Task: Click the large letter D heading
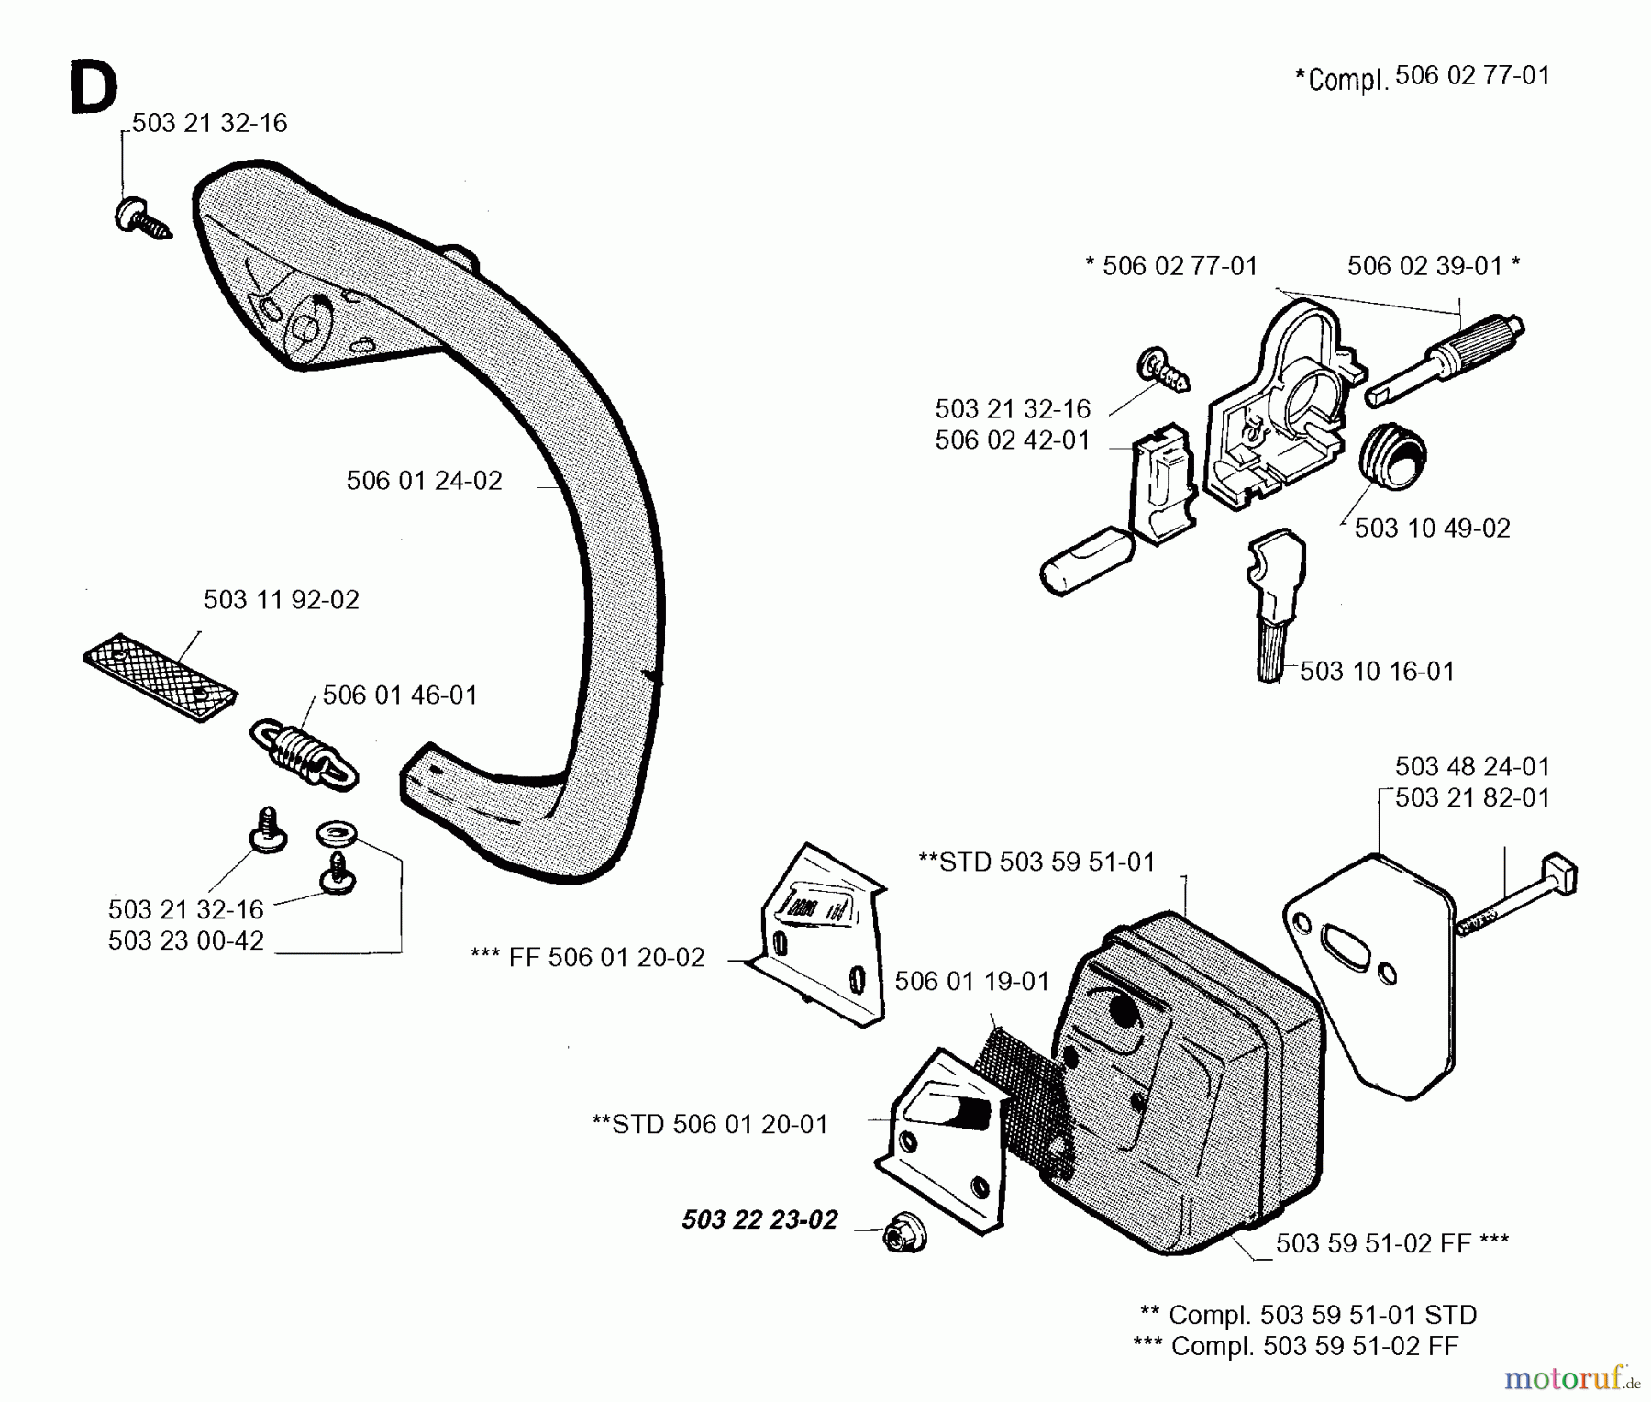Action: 93,88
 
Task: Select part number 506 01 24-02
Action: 424,481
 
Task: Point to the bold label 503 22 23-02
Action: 759,1219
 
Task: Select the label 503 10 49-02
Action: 1432,529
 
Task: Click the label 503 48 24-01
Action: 1472,766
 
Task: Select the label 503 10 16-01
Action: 1377,672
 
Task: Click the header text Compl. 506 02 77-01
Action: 1423,77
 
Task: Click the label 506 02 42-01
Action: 1013,440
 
